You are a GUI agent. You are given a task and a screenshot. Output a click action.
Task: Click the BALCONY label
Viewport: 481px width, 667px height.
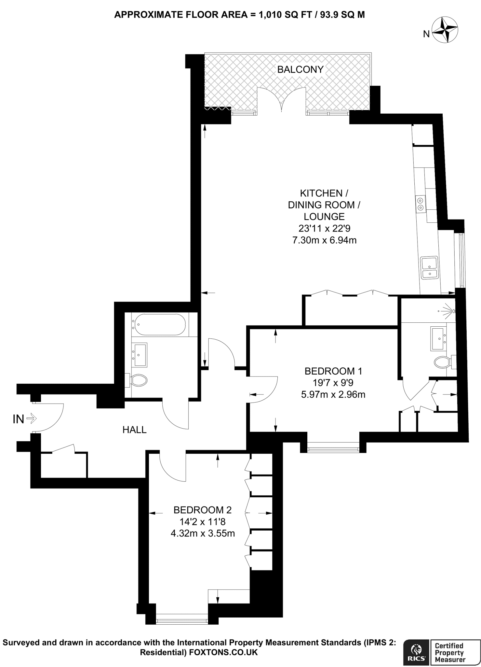300,69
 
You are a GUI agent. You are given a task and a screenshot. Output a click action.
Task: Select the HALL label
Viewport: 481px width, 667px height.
134,430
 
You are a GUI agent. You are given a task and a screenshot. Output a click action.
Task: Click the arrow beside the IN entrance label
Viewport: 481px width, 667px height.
32,419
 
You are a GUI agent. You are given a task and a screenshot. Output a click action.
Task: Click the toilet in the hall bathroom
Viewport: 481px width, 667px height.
137,380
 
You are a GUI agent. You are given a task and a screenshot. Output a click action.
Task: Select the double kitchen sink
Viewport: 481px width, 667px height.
429,268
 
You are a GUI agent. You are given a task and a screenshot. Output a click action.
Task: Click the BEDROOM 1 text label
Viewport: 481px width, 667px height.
333,371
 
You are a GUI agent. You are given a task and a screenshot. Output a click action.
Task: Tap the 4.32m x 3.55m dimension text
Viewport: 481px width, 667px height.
203,533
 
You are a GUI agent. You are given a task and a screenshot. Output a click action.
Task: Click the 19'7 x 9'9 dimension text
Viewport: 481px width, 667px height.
333,383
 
